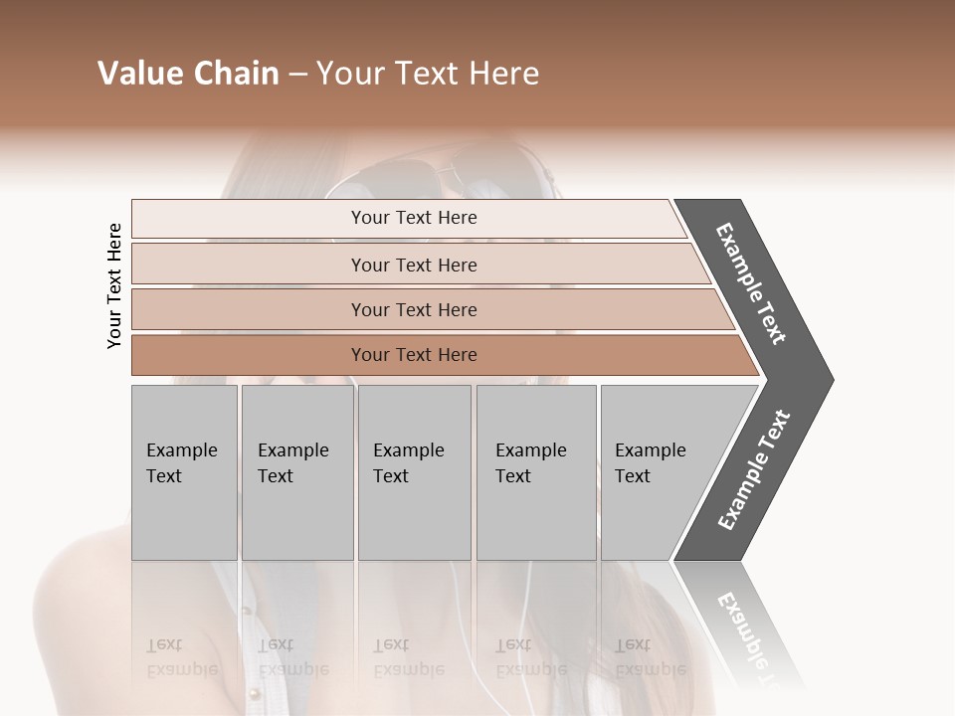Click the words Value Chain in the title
coord(188,74)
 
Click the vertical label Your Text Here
coord(114,285)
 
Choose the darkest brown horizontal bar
coord(249,355)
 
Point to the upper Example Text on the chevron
coord(751,283)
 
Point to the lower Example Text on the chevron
coord(754,469)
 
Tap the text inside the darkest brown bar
coord(414,355)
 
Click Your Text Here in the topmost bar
coord(414,218)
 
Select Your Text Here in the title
coord(428,74)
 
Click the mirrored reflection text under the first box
coord(180,657)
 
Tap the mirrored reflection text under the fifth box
coord(650,657)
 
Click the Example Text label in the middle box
coord(408,462)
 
